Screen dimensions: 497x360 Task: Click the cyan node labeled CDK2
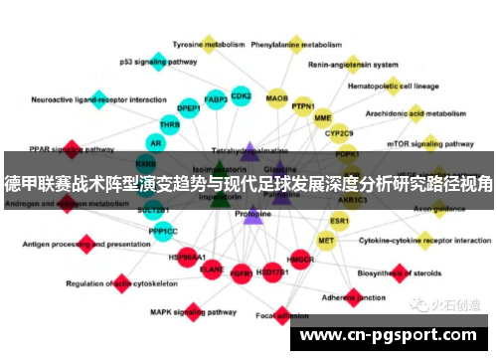coord(241,96)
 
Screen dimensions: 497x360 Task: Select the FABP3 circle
coord(216,99)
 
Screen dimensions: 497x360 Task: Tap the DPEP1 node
coord(189,107)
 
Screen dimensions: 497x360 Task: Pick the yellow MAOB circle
coord(277,98)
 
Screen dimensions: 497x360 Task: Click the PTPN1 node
coord(303,106)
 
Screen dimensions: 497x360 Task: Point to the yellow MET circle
coord(326,240)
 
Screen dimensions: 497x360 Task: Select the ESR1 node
coord(340,220)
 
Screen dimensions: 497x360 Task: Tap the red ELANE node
coord(212,268)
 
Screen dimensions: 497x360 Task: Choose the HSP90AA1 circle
coord(187,257)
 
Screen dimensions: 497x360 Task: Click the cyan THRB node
coord(170,125)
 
